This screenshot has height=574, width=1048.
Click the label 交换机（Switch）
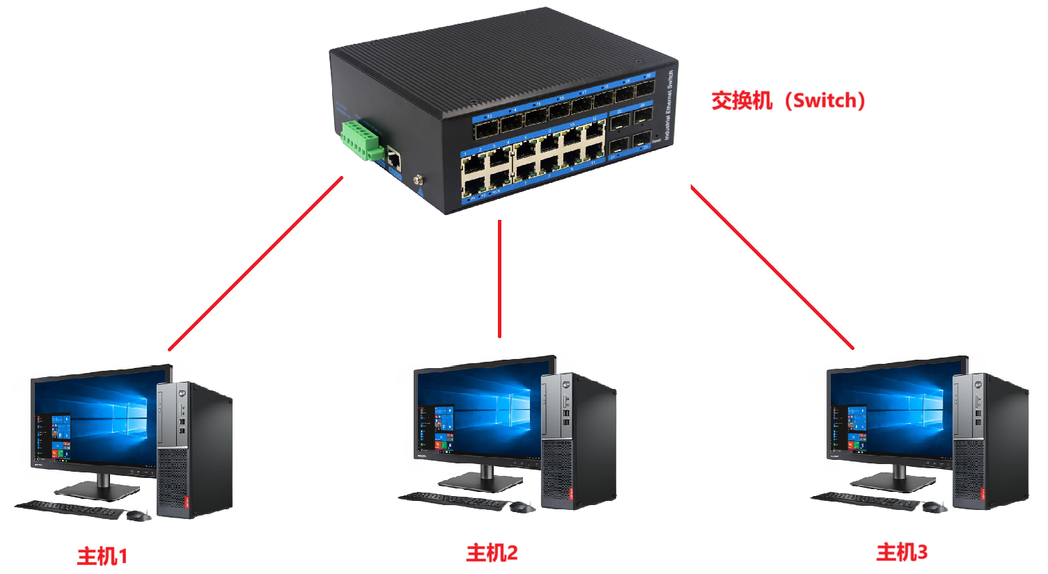[788, 101]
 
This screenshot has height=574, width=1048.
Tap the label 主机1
[102, 556]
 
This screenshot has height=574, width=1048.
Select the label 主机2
[492, 553]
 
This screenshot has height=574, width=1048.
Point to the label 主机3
[902, 552]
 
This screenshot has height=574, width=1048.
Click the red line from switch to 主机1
[256, 264]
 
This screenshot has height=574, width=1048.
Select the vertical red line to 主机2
[499, 278]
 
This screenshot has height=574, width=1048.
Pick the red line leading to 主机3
[772, 266]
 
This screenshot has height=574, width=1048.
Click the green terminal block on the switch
[361, 140]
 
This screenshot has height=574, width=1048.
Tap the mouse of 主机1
[138, 515]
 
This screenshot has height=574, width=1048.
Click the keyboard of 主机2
[453, 500]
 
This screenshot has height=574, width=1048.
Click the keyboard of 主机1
[70, 509]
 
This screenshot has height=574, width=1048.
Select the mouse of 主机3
[934, 507]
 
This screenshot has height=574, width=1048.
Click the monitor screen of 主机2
[478, 410]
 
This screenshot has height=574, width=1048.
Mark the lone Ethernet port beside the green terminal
[394, 159]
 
